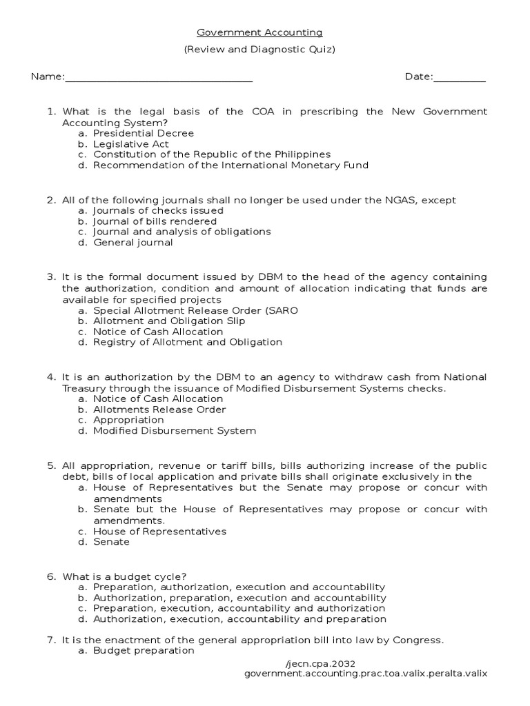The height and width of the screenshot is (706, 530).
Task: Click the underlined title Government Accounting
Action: [259, 32]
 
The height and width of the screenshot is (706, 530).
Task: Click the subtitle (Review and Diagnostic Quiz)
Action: [259, 50]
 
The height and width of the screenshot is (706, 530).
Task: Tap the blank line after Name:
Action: [159, 77]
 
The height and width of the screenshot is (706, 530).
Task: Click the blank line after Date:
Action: [460, 77]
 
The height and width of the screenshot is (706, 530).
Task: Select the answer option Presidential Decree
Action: [144, 133]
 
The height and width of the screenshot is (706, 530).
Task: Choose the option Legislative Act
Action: [131, 144]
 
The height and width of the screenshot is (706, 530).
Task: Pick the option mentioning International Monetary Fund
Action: [230, 165]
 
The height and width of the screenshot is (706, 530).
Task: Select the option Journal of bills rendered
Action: [155, 221]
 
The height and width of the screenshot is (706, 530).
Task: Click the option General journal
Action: [133, 243]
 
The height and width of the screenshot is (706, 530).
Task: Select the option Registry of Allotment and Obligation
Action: [188, 342]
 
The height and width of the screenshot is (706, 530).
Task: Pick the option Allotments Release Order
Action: [159, 410]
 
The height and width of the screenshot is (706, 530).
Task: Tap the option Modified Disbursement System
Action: [175, 431]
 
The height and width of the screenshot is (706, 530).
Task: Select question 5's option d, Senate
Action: [111, 542]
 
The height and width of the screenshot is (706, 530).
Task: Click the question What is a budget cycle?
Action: [124, 576]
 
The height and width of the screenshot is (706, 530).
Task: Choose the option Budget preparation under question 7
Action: [144, 651]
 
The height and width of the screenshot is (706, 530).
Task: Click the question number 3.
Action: [51, 277]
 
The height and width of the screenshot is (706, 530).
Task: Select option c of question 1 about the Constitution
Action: [212, 154]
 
